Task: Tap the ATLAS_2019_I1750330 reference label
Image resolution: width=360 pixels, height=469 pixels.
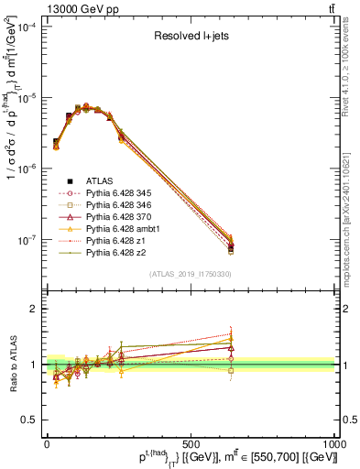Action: (190, 274)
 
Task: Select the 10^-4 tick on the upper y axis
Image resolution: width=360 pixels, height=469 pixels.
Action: (27, 27)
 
